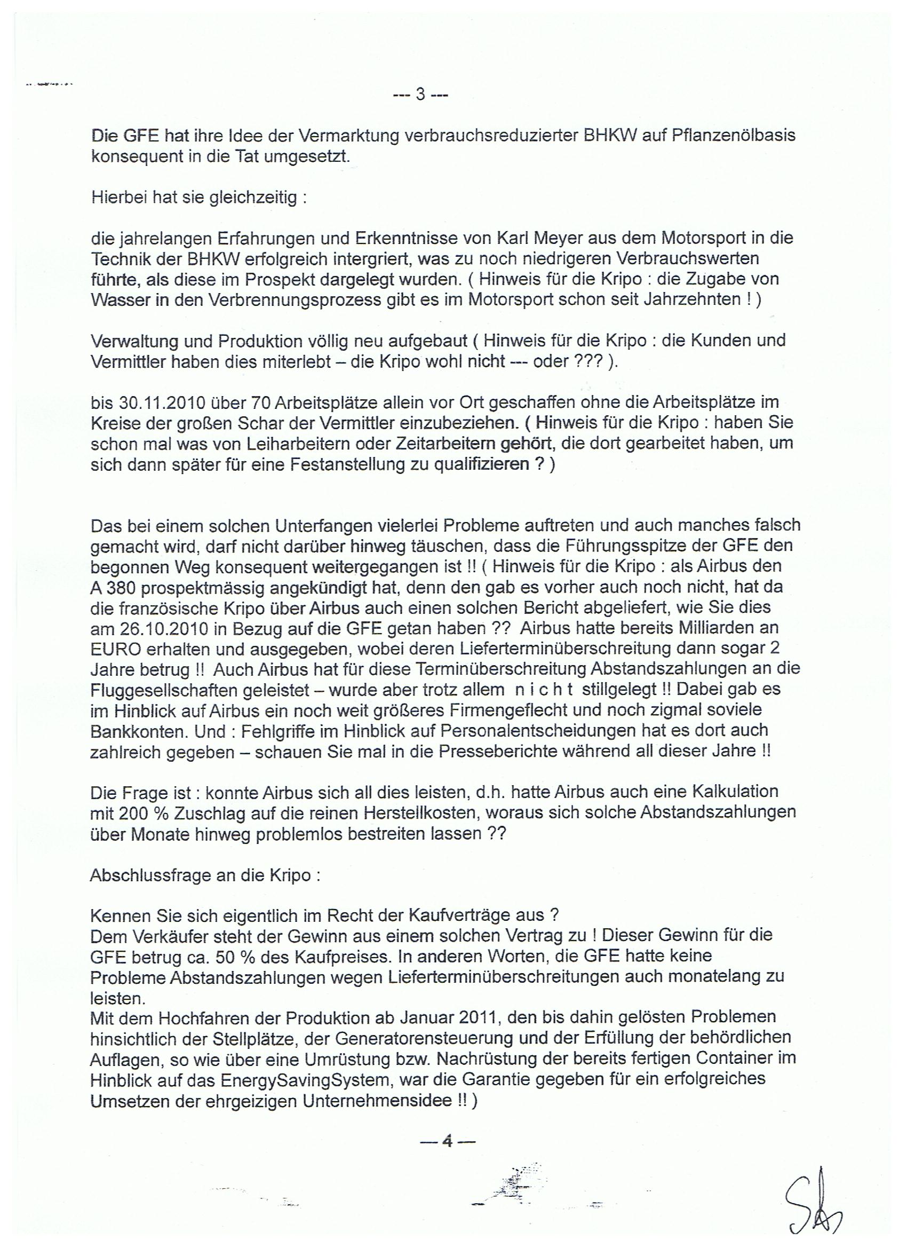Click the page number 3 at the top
pyautogui.click(x=421, y=95)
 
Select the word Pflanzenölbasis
pyautogui.click(x=734, y=136)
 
